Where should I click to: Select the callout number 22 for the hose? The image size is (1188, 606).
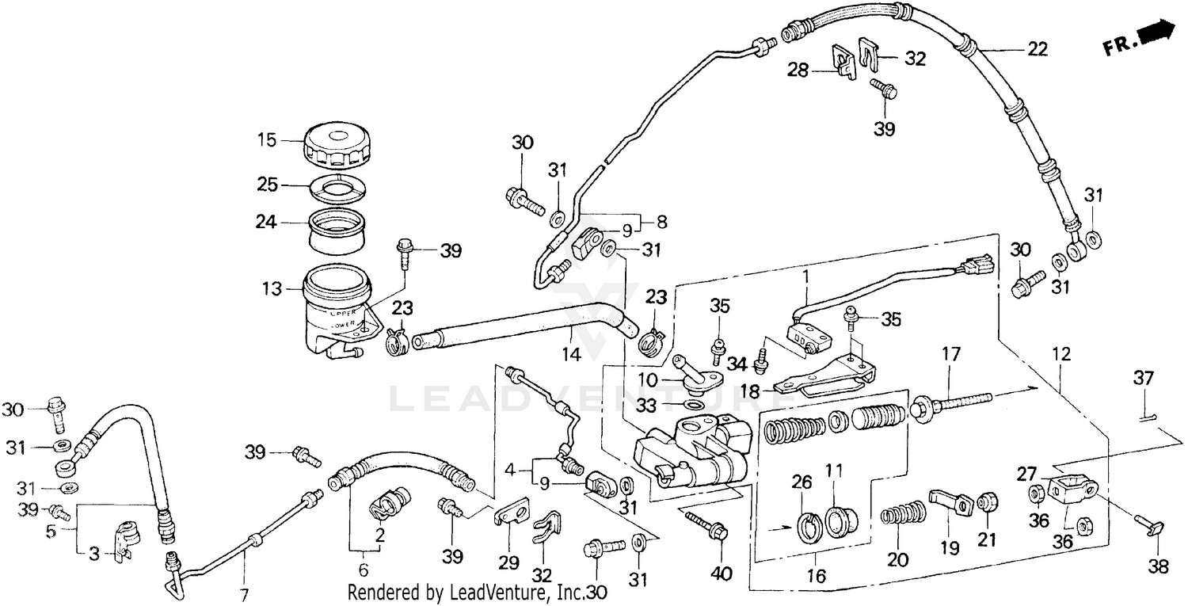[x=1037, y=49]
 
